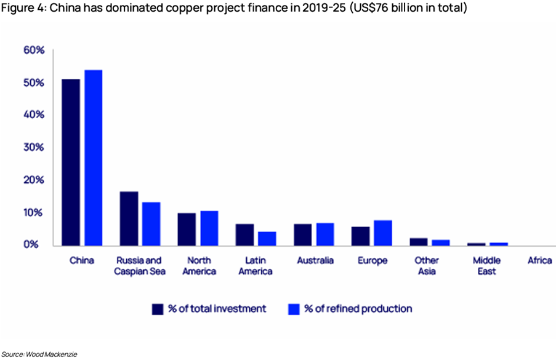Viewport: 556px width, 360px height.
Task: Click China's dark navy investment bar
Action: pyautogui.click(x=70, y=162)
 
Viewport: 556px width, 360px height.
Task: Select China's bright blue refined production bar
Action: pyautogui.click(x=94, y=158)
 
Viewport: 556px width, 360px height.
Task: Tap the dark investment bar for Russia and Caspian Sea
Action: pyautogui.click(x=129, y=218)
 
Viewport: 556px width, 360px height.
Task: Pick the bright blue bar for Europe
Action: pyautogui.click(x=382, y=233)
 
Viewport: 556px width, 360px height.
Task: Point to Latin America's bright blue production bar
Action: pyautogui.click(x=267, y=238)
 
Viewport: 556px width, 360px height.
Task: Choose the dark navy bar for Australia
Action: pyautogui.click(x=302, y=234)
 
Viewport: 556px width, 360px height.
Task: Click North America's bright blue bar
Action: pyautogui.click(x=209, y=228)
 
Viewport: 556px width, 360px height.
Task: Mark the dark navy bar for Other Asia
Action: pyautogui.click(x=418, y=241)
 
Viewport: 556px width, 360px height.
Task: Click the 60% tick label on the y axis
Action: pyautogui.click(x=34, y=50)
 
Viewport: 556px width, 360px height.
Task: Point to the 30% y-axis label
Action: pyautogui.click(x=34, y=148)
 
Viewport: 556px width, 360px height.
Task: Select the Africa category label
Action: pyautogui.click(x=539, y=261)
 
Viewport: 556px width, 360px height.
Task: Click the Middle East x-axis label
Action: pyautogui.click(x=486, y=266)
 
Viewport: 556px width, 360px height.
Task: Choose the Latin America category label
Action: pyautogui.click(x=254, y=266)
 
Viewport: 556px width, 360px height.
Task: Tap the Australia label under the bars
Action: pyautogui.click(x=315, y=261)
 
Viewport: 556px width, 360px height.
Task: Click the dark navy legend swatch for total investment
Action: pyautogui.click(x=158, y=309)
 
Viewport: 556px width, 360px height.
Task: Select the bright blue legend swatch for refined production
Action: pyautogui.click(x=294, y=309)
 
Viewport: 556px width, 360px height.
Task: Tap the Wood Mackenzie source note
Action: pyautogui.click(x=39, y=354)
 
